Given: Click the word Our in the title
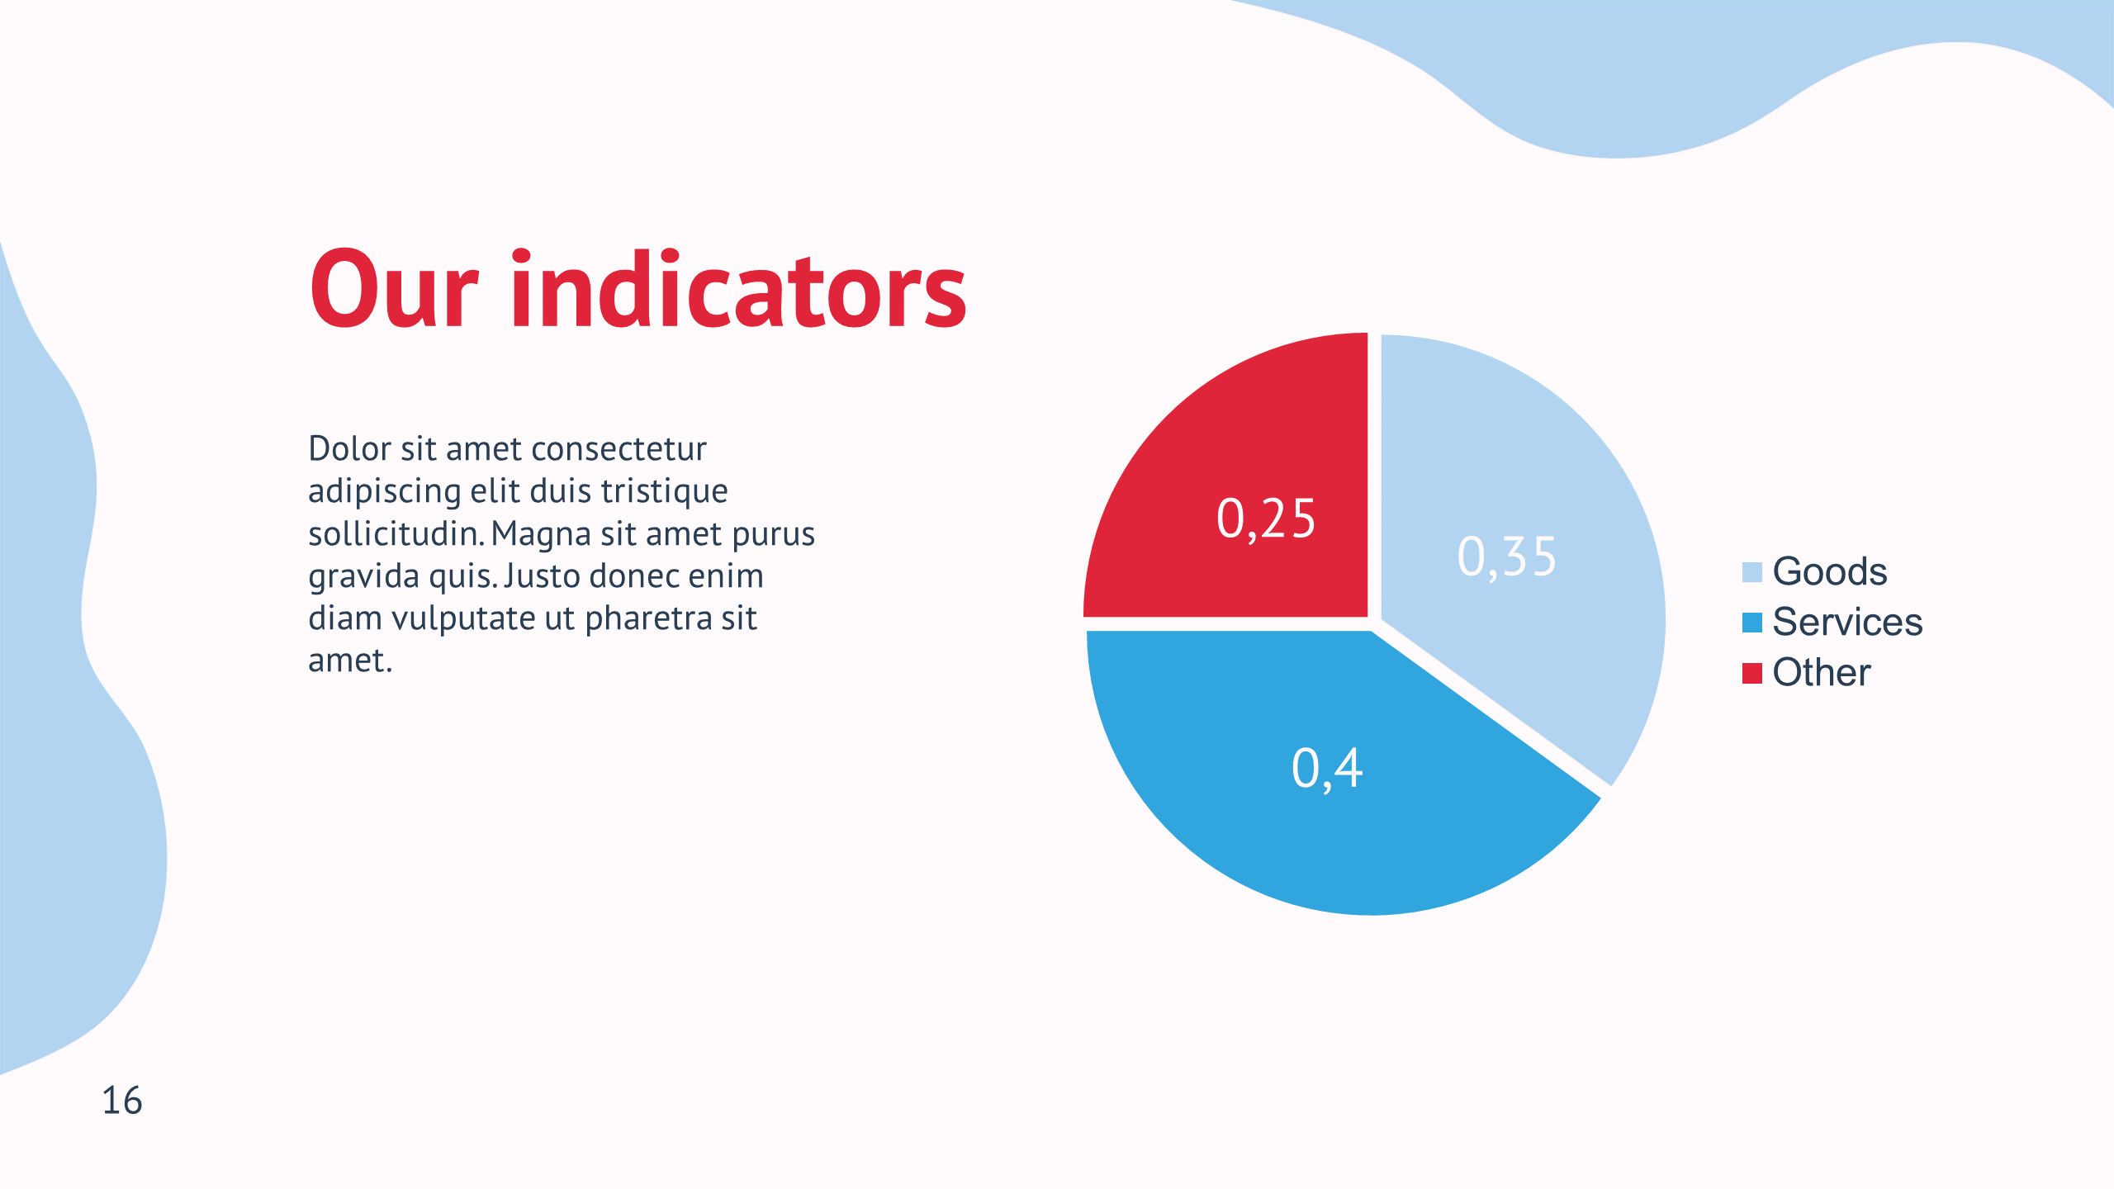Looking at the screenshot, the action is click(394, 289).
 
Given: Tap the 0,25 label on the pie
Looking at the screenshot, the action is click(1266, 519).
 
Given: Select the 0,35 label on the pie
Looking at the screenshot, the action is click(1507, 557).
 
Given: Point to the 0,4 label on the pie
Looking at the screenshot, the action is click(1327, 769).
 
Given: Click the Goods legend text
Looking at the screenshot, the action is click(1830, 571).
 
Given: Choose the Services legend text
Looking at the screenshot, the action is click(1848, 622).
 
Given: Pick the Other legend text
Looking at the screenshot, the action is click(1822, 672).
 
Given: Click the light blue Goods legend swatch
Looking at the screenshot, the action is click(1752, 572).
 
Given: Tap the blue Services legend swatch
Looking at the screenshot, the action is click(1752, 623).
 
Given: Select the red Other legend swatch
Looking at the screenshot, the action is click(1752, 673).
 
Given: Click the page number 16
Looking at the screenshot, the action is click(122, 1101).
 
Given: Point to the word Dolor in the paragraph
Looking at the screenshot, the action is click(350, 449).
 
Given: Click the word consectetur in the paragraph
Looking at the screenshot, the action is click(631, 449).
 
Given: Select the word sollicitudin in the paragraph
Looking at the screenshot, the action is click(396, 533).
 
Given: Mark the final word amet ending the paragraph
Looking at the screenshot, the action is click(350, 661).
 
